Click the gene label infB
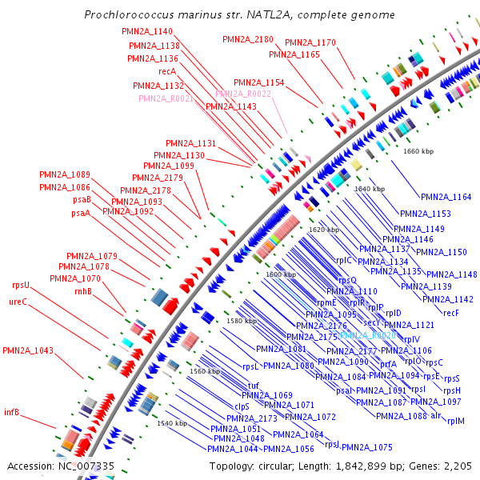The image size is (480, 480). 11,413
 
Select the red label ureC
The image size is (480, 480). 18,302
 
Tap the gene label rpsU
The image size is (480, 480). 20,285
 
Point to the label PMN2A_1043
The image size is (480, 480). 28,350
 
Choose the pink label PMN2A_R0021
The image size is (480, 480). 166,98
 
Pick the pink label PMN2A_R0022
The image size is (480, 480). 243,94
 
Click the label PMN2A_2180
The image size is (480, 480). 247,38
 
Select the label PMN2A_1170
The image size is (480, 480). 310,42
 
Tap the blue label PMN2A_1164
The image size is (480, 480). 446,197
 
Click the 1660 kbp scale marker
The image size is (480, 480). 418,150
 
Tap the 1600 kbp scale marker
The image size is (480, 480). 280,274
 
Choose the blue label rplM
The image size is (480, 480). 456,421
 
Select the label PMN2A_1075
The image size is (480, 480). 367,447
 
